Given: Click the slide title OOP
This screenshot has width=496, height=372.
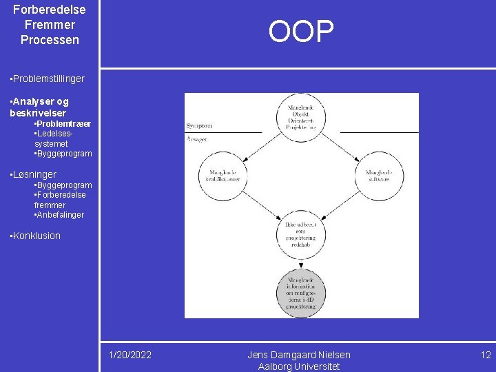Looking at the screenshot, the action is (x=301, y=32).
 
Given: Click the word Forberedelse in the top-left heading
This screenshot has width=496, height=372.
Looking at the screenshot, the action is (x=50, y=10).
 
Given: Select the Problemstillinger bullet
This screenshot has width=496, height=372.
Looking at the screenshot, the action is (x=48, y=79).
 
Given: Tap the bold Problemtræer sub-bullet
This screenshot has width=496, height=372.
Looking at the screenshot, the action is (x=63, y=123).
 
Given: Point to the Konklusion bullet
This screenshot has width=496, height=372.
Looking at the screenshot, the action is (x=36, y=236).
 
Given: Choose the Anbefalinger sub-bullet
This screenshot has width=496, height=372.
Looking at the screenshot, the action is (x=60, y=215).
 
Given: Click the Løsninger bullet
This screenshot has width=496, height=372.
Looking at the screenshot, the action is (x=34, y=174).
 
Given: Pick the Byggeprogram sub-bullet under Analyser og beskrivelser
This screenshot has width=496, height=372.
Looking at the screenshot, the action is (x=63, y=154).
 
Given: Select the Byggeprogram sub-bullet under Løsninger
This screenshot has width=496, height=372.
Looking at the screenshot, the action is (x=63, y=185).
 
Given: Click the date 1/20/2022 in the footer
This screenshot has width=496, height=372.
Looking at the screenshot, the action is (x=130, y=355).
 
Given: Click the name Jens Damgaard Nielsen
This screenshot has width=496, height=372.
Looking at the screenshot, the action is (x=299, y=355).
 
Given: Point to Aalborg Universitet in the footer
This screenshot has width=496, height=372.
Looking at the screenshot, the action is (x=299, y=366).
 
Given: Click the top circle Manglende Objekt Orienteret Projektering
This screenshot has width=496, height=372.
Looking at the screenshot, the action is (x=301, y=116).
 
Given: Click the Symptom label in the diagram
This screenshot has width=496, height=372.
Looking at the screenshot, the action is (x=198, y=126).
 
